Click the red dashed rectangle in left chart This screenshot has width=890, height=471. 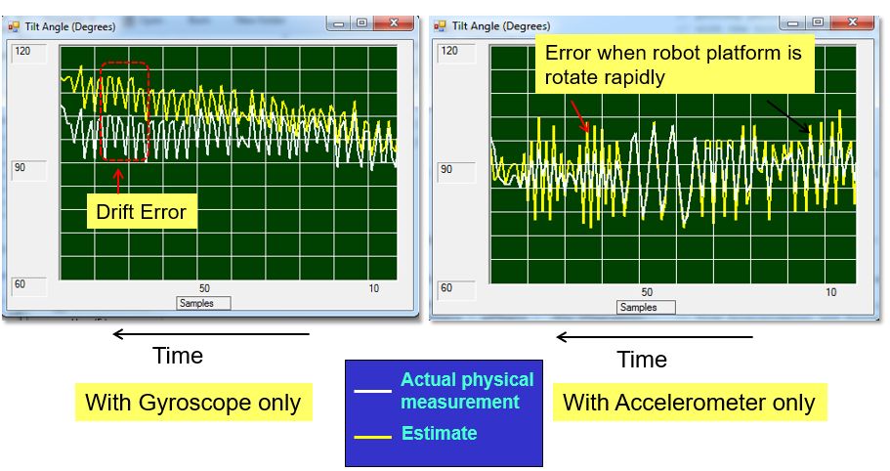124,110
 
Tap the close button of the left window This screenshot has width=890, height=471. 394,23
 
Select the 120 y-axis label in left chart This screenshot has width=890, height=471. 22,51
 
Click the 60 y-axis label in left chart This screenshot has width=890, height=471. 22,286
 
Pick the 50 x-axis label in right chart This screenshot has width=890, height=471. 647,292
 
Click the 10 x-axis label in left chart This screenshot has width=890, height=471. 374,289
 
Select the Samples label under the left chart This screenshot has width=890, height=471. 202,303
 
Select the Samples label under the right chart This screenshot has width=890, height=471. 639,307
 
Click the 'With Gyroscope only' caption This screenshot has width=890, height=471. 192,403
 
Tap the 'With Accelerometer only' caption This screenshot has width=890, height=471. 689,403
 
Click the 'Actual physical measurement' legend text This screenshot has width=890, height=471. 467,391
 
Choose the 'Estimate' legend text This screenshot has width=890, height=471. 439,433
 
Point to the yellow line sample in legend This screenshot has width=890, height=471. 372,436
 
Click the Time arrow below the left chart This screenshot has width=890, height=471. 210,334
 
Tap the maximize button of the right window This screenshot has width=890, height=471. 817,23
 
